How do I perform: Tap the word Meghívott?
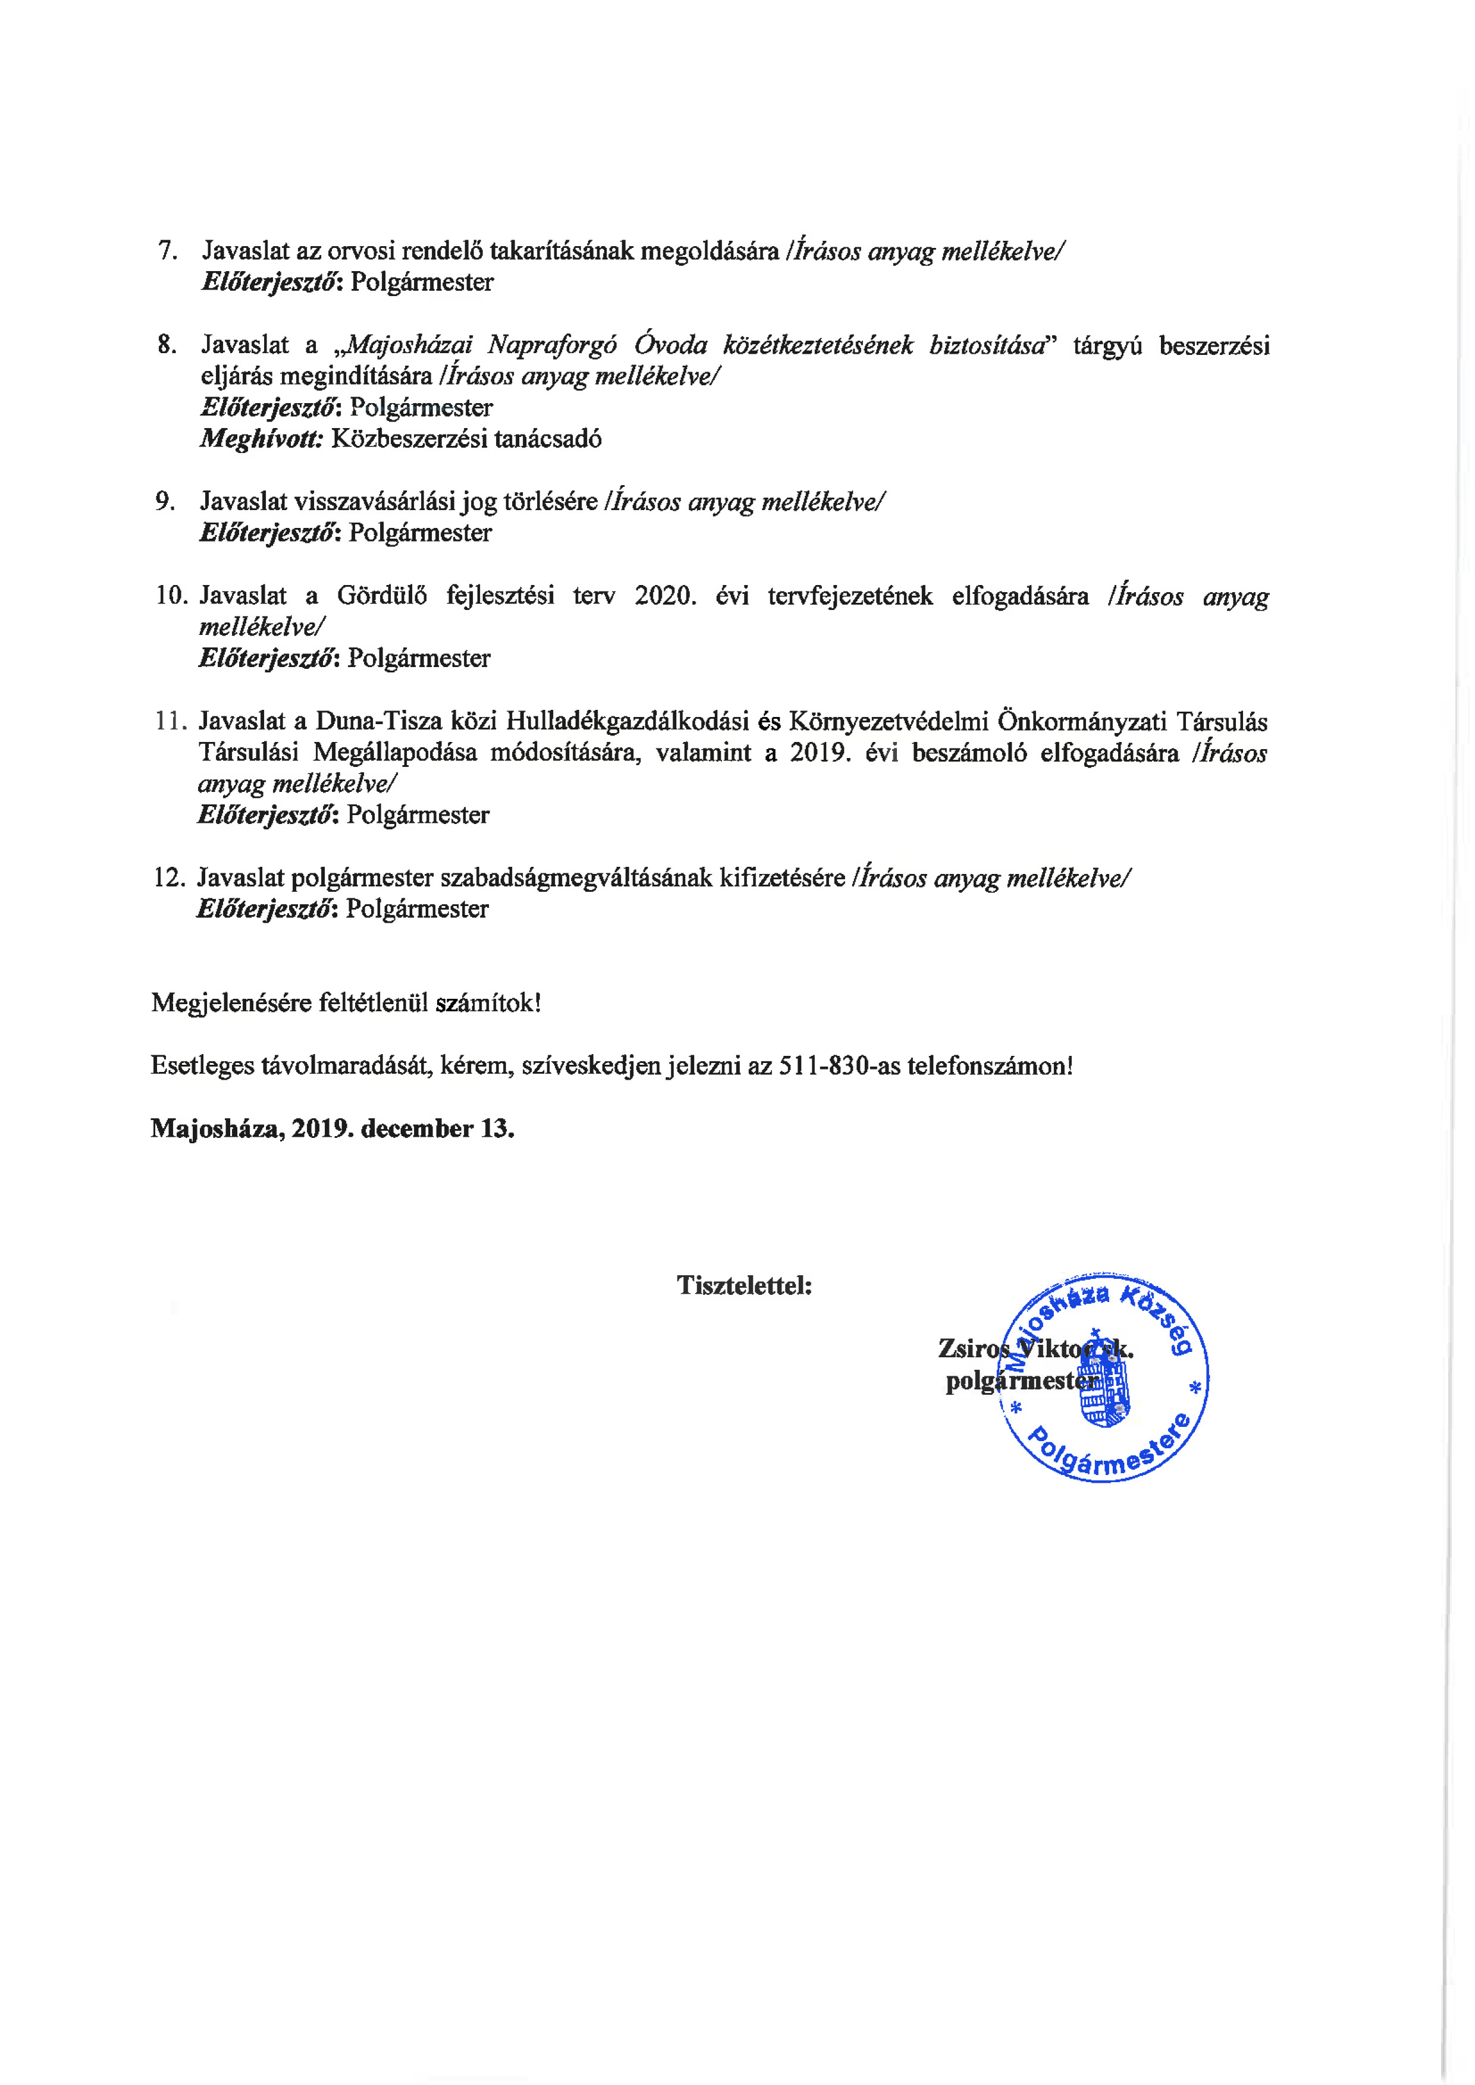(261, 439)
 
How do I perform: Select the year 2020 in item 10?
(664, 596)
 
